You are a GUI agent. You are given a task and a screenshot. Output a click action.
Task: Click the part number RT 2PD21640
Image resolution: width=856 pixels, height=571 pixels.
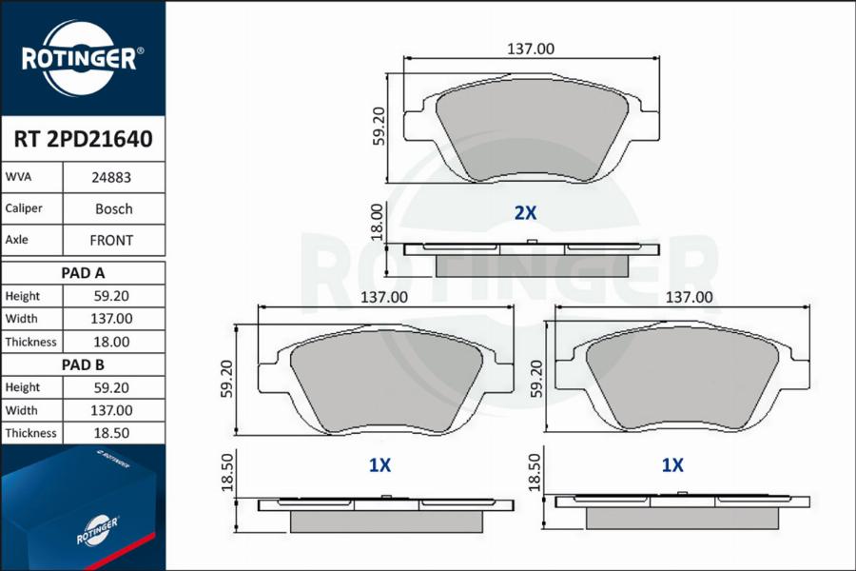click(83, 139)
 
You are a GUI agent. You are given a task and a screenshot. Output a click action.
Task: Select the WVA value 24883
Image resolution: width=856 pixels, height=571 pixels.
click(111, 178)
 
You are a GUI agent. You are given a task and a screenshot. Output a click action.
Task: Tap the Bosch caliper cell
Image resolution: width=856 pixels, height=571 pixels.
click(113, 208)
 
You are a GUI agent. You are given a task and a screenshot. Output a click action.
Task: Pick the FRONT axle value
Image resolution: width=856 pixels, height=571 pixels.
click(111, 241)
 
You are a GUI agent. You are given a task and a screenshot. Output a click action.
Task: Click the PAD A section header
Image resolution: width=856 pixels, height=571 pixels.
click(83, 273)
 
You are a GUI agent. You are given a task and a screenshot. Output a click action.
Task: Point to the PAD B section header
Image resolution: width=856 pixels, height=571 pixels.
click(83, 364)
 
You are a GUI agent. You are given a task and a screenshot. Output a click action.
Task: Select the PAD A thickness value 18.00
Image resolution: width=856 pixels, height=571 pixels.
click(111, 342)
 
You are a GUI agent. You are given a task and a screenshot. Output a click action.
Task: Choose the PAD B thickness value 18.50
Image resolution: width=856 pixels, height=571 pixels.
click(111, 433)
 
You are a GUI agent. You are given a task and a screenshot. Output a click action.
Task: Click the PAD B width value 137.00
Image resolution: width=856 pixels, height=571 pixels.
click(111, 410)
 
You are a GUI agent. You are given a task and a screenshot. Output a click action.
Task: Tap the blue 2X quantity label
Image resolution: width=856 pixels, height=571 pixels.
click(525, 213)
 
